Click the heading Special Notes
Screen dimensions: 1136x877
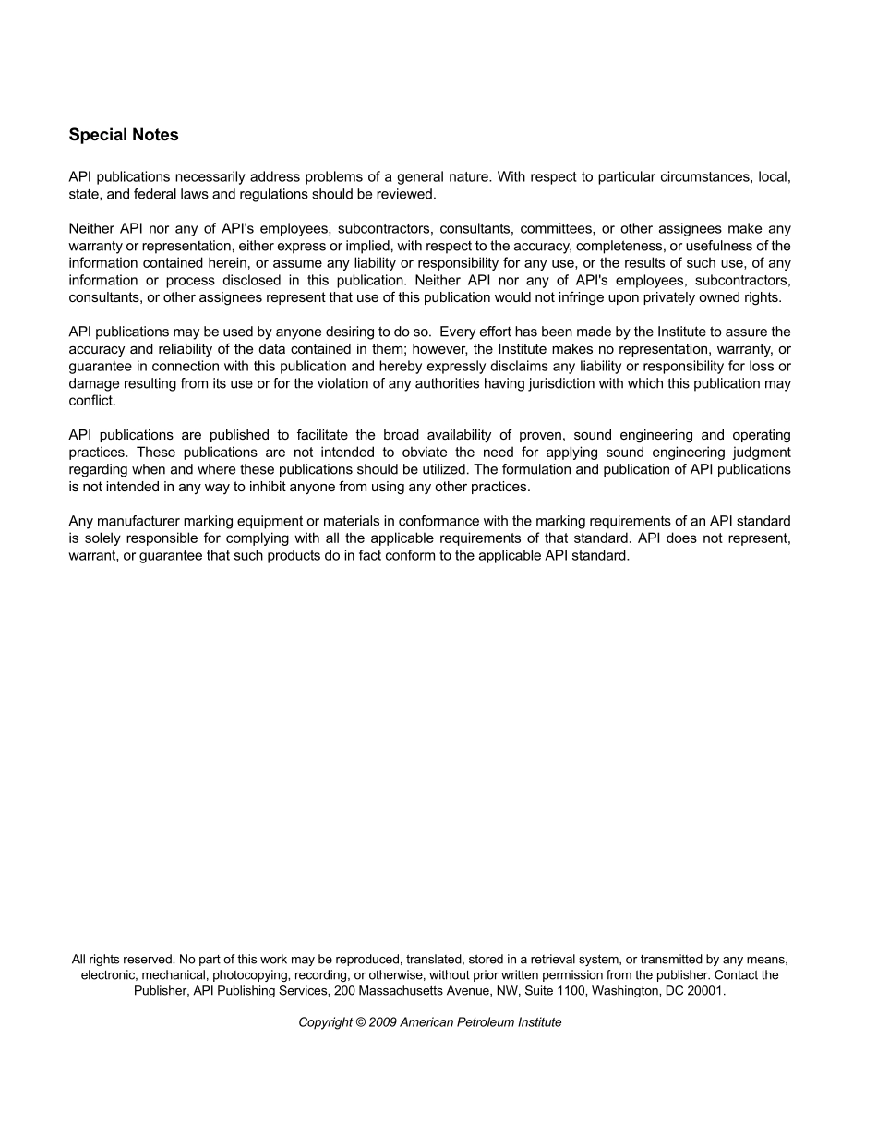(124, 135)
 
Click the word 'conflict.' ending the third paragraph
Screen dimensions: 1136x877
(92, 401)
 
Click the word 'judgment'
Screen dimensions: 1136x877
(756, 453)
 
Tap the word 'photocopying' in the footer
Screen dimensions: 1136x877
(252, 975)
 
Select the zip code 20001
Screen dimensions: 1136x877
(705, 991)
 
